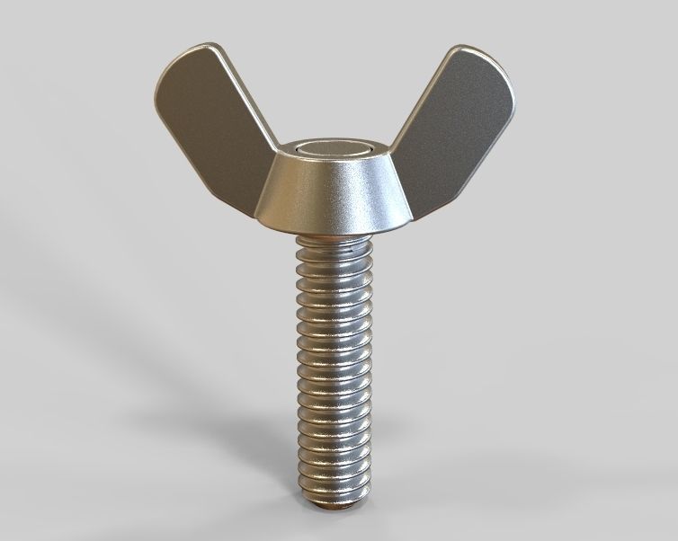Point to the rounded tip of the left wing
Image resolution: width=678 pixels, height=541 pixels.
pos(184,63)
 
